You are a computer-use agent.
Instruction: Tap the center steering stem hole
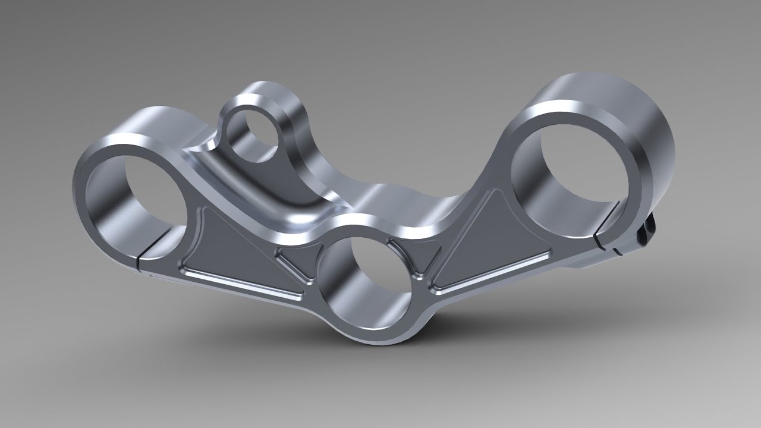[x=372, y=279]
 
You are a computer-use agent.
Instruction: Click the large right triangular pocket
[x=488, y=244]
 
